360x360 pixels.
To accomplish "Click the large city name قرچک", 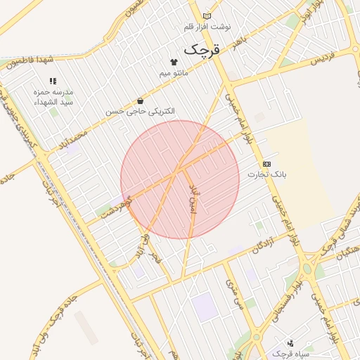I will (x=202, y=50).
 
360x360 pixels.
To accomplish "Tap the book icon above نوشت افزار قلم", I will (x=207, y=15).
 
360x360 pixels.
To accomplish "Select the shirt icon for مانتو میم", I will (x=173, y=62).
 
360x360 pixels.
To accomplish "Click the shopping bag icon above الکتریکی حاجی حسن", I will (x=141, y=101).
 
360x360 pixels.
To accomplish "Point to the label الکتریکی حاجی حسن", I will (x=141, y=112).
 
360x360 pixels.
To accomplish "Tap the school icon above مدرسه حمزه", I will (x=52, y=82).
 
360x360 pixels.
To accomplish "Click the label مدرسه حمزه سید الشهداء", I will (x=52, y=98).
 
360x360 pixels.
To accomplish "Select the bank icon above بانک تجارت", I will (x=266, y=163).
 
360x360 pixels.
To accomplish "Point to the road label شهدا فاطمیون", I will (x=31, y=63).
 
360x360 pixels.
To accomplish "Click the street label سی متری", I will (x=233, y=296).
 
